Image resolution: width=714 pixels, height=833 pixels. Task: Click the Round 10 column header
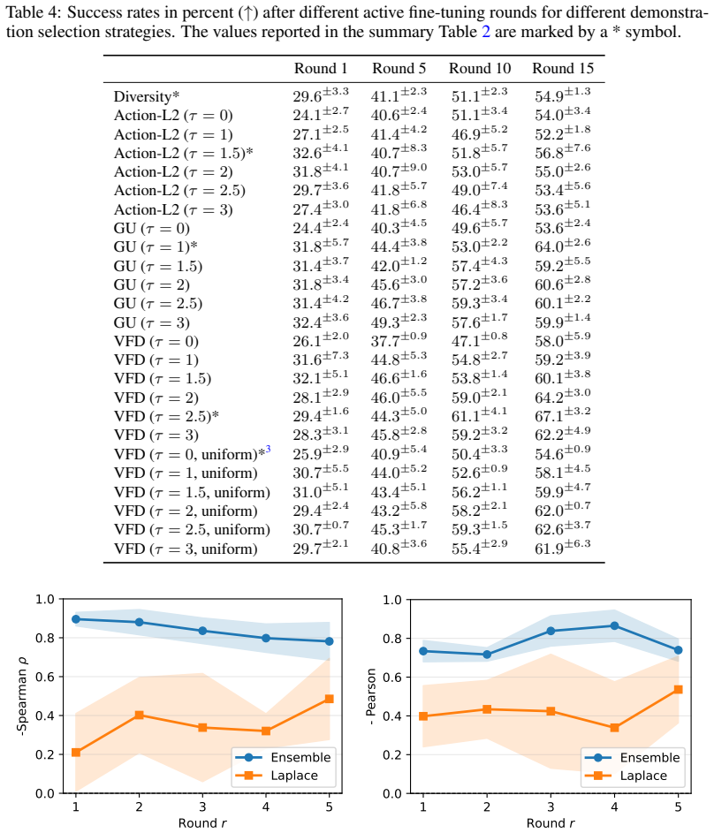(x=480, y=69)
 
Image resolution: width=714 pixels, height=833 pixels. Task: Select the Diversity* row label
(x=147, y=96)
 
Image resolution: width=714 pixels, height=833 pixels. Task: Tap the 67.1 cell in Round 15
(x=563, y=415)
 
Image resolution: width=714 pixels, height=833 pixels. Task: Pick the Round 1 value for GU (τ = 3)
(x=321, y=322)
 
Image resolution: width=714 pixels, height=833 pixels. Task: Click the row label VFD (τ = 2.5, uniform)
(x=192, y=530)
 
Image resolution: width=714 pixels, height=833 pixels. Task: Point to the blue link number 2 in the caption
(x=485, y=32)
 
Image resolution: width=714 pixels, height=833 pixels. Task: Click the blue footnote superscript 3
(x=269, y=449)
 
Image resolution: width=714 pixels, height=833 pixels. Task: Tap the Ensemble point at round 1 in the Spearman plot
(x=76, y=619)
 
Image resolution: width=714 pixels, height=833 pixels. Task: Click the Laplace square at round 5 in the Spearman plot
(x=330, y=699)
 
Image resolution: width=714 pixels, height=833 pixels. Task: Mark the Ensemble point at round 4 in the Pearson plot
(x=615, y=625)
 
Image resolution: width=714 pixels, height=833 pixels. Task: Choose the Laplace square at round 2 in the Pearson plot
(x=487, y=709)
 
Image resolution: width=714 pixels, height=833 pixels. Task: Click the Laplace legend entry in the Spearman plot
(x=284, y=776)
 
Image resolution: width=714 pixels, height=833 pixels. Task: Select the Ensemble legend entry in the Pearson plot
(x=632, y=758)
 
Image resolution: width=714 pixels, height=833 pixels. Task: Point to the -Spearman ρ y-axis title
(x=22, y=696)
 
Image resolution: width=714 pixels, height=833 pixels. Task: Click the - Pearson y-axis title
(x=371, y=696)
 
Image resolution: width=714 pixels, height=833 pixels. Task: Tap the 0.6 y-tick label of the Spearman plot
(x=45, y=677)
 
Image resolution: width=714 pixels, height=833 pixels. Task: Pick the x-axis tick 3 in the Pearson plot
(x=551, y=807)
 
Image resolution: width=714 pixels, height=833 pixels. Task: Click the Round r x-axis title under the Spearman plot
(x=202, y=823)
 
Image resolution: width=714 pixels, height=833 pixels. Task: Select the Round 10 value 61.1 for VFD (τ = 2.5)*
(x=480, y=415)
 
